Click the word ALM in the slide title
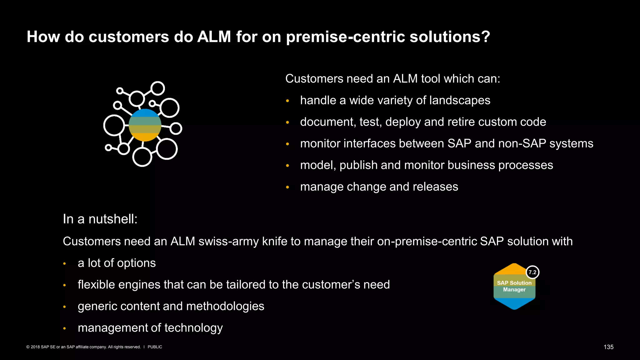[214, 37]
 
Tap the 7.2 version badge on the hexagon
[532, 272]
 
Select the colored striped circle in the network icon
[145, 125]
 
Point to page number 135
[608, 347]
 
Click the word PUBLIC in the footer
[155, 347]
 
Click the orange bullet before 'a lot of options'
[64, 264]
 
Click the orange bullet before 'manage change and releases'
[287, 187]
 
